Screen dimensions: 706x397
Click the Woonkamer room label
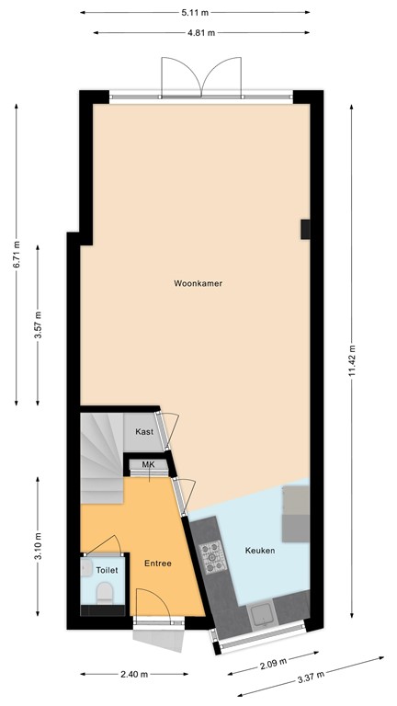point(198,284)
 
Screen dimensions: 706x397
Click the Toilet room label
point(107,570)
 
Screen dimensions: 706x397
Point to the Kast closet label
point(144,432)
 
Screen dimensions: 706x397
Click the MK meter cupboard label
point(148,466)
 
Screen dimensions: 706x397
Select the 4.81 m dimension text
point(201,32)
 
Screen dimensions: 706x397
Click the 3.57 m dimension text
point(38,325)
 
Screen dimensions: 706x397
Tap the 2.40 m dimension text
point(134,674)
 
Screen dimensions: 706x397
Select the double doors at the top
point(200,78)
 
